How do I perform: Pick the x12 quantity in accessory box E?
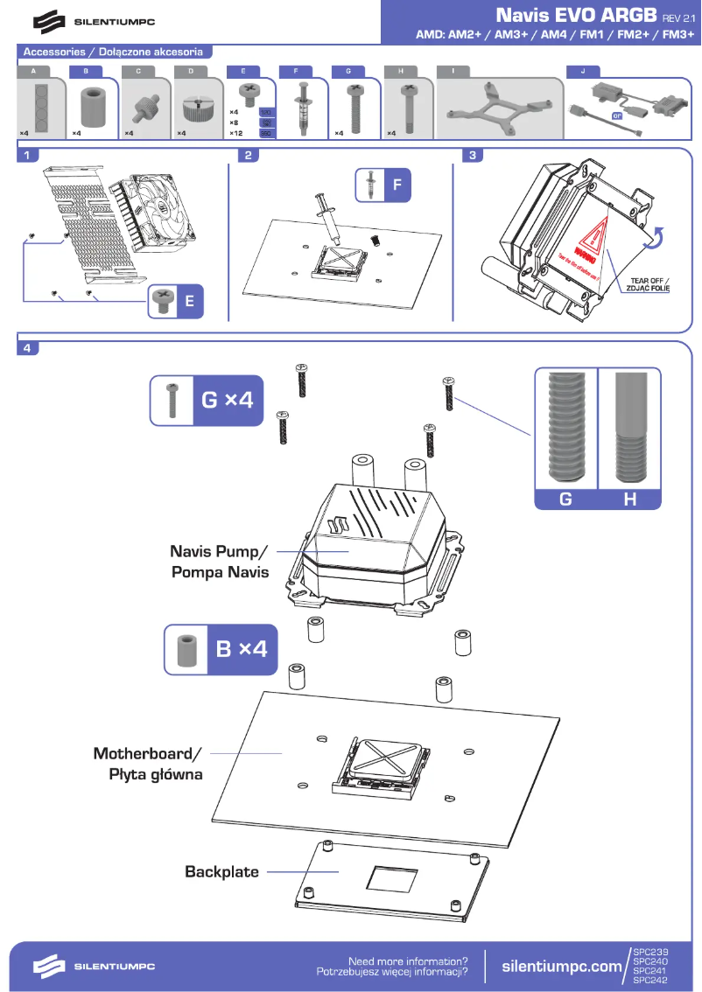point(235,133)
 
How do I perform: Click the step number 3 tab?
point(473,156)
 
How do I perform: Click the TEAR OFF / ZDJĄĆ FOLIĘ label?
point(648,283)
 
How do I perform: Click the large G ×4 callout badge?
point(207,401)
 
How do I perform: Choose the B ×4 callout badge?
point(221,650)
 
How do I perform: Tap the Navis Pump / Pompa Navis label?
point(220,562)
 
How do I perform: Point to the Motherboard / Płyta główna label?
point(147,764)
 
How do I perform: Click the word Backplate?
point(221,872)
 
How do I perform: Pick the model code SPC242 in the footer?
point(649,981)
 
